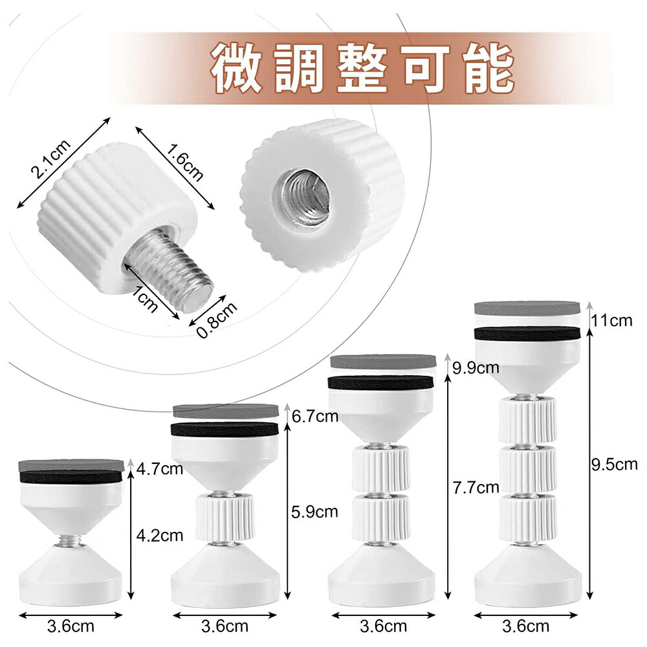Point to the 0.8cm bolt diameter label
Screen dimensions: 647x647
tap(217, 320)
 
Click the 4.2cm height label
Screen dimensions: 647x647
tap(160, 536)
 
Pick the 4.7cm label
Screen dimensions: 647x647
tap(160, 468)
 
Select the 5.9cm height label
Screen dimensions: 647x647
tap(314, 512)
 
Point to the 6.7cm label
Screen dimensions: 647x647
tap(315, 416)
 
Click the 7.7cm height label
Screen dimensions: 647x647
tap(476, 488)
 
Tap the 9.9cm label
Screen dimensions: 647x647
tap(476, 367)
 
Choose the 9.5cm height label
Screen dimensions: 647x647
tap(615, 465)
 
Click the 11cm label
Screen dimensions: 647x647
tap(612, 320)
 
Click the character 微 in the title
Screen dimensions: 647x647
tap(236, 69)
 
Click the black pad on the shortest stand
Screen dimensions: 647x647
tap(71, 477)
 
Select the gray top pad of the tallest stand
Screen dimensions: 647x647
tap(527, 308)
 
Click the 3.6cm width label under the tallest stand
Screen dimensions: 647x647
tap(525, 627)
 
